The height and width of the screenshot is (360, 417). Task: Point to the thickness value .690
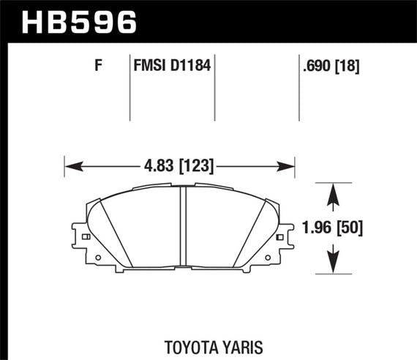click(x=315, y=67)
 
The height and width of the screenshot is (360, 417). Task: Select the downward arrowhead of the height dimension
click(x=334, y=266)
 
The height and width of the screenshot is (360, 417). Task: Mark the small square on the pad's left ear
click(x=87, y=237)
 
